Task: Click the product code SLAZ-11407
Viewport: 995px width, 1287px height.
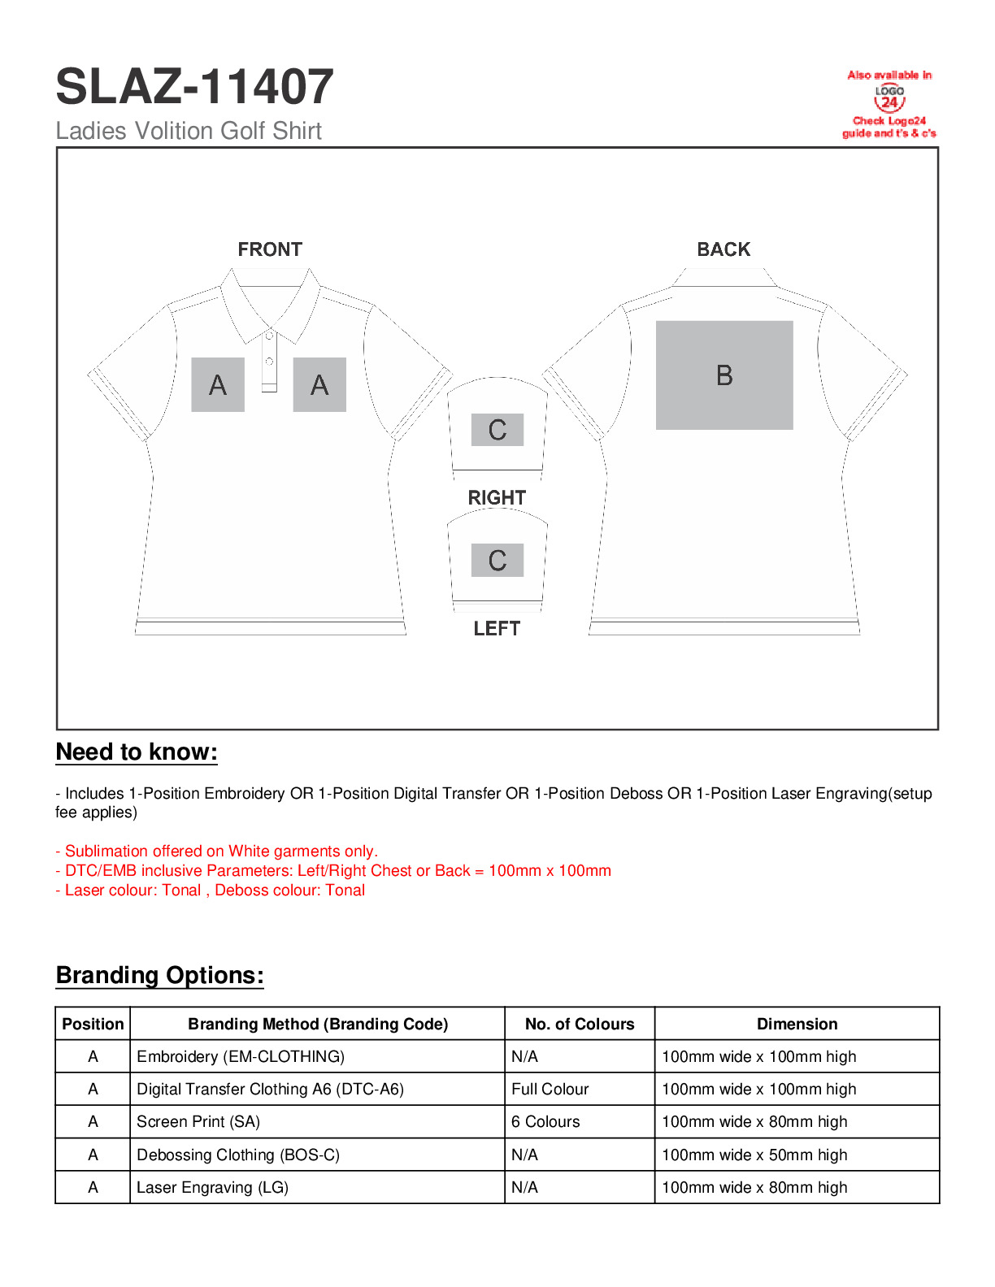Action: point(194,87)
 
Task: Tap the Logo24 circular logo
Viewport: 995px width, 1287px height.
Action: point(889,99)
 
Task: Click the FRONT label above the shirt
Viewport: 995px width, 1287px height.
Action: point(270,249)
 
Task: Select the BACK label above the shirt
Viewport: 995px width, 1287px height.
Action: point(723,249)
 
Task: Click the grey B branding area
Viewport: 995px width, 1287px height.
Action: point(724,375)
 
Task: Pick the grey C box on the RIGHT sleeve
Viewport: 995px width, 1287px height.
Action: point(497,430)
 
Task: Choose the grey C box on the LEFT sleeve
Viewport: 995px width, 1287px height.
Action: point(497,561)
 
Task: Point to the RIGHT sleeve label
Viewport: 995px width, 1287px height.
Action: point(497,497)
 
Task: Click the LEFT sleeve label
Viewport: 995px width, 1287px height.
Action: point(497,628)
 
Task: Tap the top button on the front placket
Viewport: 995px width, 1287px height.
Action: point(269,335)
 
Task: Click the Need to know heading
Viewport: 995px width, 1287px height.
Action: point(137,752)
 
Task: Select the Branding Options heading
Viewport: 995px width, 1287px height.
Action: point(159,975)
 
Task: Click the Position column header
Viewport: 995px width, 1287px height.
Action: point(93,1024)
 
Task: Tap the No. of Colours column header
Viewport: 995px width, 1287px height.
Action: point(580,1024)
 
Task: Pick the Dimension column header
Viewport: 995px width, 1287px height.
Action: point(797,1024)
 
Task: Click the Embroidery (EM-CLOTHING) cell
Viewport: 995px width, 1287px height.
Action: point(241,1056)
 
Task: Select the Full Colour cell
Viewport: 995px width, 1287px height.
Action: point(550,1089)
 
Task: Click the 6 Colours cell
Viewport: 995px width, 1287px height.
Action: point(545,1122)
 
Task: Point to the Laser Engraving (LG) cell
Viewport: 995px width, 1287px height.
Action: point(212,1187)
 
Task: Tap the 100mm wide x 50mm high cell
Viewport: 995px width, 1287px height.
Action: point(754,1155)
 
